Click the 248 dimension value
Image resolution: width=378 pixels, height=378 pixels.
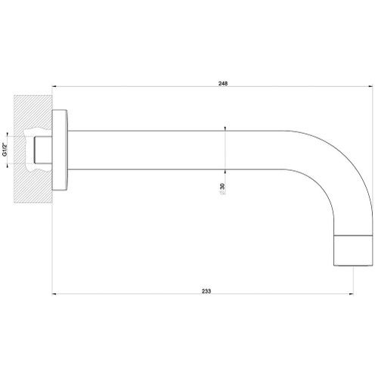(x=222, y=84)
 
